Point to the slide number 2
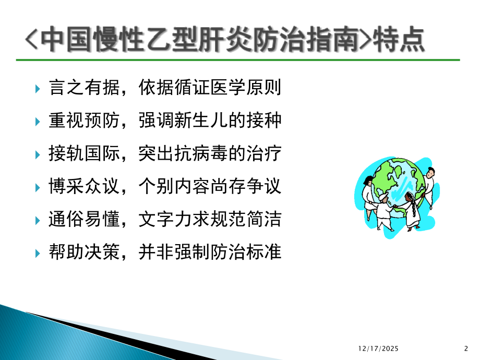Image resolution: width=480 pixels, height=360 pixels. pos(466,347)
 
